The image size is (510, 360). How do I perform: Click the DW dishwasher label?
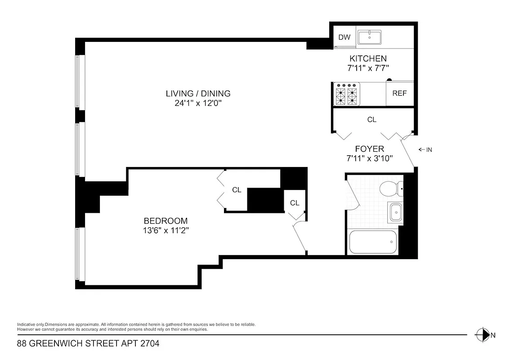344,37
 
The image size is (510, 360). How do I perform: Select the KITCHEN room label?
368,58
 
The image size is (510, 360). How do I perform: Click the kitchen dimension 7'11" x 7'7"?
368,68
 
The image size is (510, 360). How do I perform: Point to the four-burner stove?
347,94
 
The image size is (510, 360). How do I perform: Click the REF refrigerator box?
399,93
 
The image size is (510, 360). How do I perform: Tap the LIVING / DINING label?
198,94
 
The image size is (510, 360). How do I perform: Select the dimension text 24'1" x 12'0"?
198,103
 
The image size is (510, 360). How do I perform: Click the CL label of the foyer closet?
371,120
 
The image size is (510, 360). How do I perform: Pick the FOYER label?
369,149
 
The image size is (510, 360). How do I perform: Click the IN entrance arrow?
425,150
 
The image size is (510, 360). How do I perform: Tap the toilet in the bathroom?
389,189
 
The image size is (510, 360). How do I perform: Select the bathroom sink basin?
395,212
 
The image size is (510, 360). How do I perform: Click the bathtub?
373,242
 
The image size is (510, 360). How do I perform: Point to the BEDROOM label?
166,221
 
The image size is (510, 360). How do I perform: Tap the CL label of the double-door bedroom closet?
237,190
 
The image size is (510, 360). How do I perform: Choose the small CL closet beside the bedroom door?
295,203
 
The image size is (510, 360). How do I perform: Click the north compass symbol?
483,334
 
